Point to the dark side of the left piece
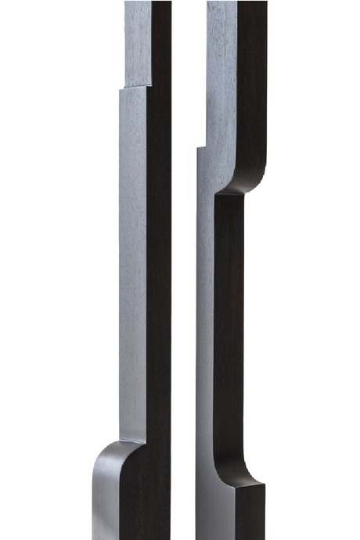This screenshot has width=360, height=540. pos(159,258)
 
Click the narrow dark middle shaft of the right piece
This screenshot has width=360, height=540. pos(228,329)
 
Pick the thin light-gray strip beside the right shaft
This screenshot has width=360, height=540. pos(205,329)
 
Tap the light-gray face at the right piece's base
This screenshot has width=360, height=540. pos(214,509)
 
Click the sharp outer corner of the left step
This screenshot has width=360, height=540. pos(121,88)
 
